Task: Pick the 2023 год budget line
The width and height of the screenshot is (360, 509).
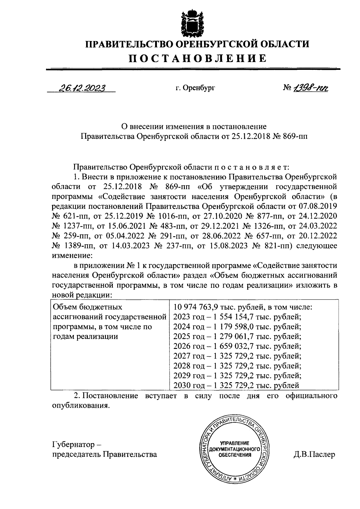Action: (x=237, y=317)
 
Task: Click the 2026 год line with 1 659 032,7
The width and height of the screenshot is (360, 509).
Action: (x=237, y=346)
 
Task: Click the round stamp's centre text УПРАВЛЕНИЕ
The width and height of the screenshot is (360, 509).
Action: (x=235, y=443)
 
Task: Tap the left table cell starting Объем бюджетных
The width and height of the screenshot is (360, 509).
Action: (x=109, y=321)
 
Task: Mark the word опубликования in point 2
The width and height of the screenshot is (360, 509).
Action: (x=80, y=405)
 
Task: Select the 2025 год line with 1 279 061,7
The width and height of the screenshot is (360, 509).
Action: (x=237, y=336)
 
